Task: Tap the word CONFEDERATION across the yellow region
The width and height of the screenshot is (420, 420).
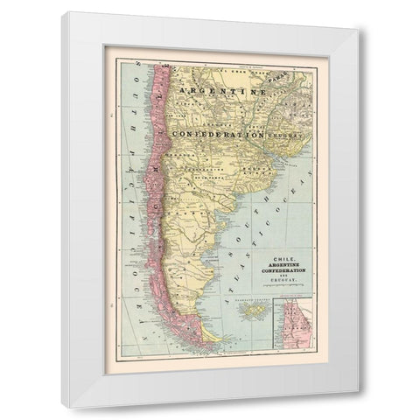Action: pos(220,135)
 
